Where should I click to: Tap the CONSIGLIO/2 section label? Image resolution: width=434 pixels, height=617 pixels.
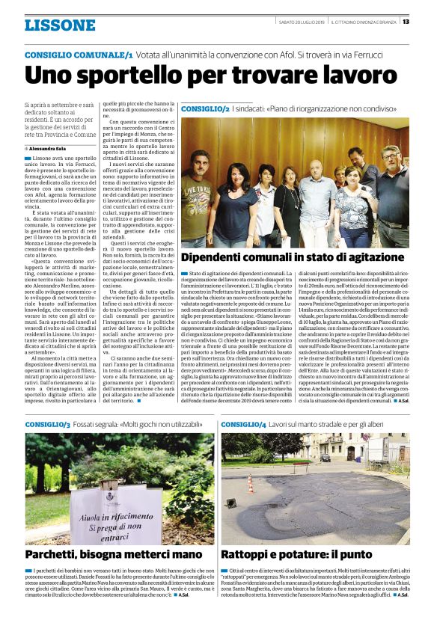pyautogui.click(x=205, y=108)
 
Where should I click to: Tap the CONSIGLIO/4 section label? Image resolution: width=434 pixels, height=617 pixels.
pyautogui.click(x=245, y=425)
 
